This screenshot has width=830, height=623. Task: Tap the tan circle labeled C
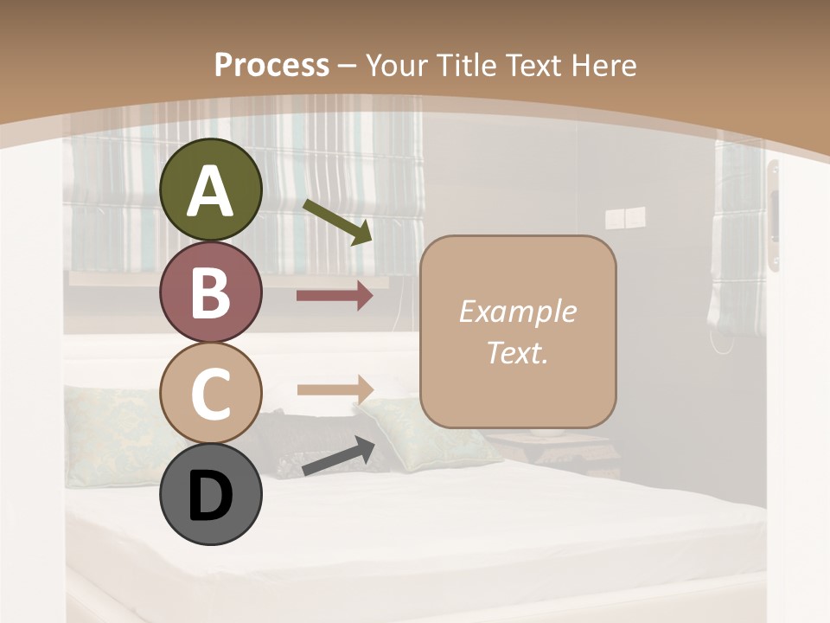click(211, 393)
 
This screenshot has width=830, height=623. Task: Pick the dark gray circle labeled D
click(211, 494)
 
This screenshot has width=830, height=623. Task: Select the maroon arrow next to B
click(335, 297)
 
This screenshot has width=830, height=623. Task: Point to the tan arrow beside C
click(335, 389)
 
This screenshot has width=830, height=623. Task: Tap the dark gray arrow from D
click(338, 457)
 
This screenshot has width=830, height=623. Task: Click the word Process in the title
click(271, 65)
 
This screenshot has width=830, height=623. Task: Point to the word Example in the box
click(517, 311)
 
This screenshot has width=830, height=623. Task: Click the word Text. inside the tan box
click(517, 352)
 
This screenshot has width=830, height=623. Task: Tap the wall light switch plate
click(624, 218)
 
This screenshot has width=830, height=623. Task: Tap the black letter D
click(211, 496)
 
